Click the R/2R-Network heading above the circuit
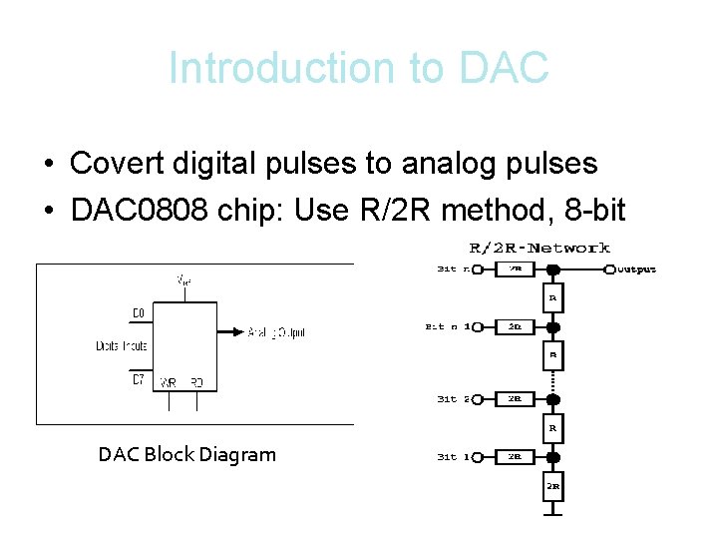point(539,248)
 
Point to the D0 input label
point(139,313)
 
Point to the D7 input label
point(139,379)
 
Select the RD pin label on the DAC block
point(196,383)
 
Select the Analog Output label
point(276,333)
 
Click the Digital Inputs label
point(121,346)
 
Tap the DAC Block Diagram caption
point(186,455)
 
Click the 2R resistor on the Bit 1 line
point(515,457)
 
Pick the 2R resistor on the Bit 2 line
point(515,399)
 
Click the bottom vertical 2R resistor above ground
point(553,486)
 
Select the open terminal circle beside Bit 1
point(476,457)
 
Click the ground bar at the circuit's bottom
point(553,514)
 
